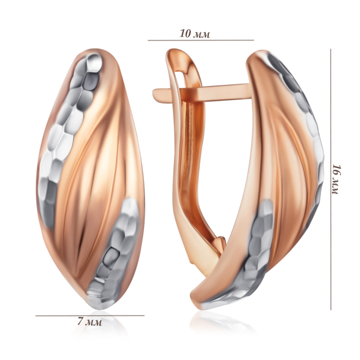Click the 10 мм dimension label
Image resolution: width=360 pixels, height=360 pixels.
194,34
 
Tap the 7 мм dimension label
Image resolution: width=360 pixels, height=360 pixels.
89,322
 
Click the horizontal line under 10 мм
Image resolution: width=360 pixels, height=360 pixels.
201,40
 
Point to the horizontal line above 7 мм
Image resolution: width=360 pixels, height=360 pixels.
90,315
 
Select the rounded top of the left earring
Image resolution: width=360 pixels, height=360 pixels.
97,51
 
